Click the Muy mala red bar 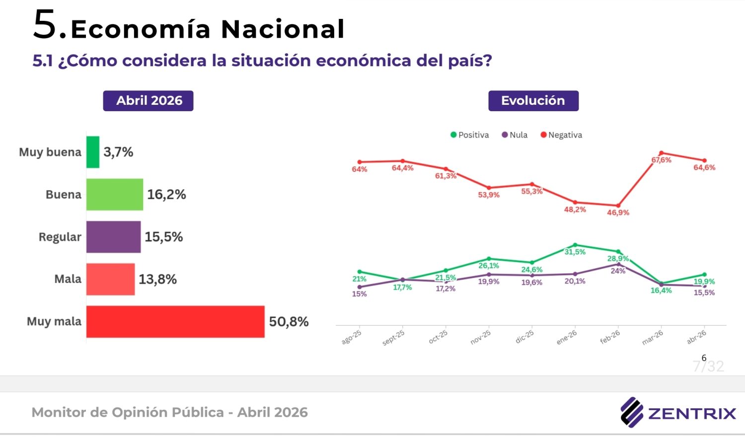point(175,322)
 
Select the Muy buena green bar point(93,152)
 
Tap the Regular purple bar point(113,237)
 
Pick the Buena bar point(115,194)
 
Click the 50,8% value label point(289,322)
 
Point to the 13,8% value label point(157,279)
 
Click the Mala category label point(68,279)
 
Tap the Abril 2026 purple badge point(148,101)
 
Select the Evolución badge point(533,101)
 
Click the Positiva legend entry point(469,135)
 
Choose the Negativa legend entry point(561,135)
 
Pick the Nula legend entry point(515,135)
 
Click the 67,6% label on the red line point(661,160)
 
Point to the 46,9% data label point(618,213)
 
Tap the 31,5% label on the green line point(575,252)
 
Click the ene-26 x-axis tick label point(567,338)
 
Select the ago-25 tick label point(351,338)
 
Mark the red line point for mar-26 point(661,153)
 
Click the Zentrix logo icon point(632,412)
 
